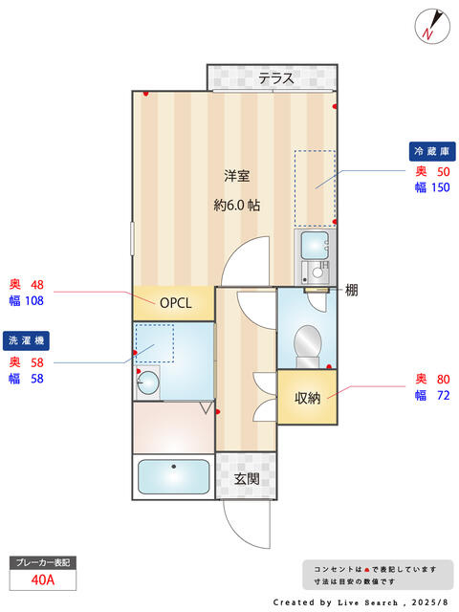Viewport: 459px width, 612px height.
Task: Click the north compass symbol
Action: (432, 26)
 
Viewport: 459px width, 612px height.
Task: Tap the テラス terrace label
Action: (276, 78)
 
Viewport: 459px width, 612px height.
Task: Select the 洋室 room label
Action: (237, 176)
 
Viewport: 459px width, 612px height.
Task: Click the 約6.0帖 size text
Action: (237, 205)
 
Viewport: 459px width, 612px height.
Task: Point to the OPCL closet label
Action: (176, 303)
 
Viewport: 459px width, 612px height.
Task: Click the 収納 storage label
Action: (308, 398)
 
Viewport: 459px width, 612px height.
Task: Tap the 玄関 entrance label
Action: (247, 478)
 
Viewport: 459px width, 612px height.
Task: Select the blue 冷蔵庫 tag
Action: (432, 151)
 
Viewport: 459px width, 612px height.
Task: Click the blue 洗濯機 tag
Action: (26, 340)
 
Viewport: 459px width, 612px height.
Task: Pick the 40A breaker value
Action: (43, 580)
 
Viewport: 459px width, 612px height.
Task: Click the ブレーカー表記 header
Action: (43, 562)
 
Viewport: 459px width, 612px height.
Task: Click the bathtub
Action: (174, 476)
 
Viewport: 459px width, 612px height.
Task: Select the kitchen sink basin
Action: (315, 245)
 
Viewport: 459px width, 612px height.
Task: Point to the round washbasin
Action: (148, 382)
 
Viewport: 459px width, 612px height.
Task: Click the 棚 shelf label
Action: (351, 291)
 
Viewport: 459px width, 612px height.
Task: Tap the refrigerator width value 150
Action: (441, 187)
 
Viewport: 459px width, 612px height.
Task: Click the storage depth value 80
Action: (444, 379)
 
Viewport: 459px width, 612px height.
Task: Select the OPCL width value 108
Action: (34, 301)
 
